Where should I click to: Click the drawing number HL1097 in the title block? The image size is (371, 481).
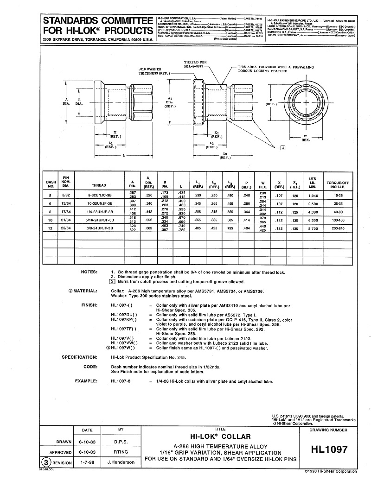coord(330,449)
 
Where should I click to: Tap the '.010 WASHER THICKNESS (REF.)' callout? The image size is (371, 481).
coord(154,71)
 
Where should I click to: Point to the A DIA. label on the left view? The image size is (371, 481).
coord(66,101)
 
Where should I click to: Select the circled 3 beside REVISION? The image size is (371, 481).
coord(46,462)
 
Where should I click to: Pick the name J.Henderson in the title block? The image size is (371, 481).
coord(121,462)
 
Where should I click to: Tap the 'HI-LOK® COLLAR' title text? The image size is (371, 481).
coord(220,437)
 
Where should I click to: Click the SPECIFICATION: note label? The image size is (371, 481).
coord(79,357)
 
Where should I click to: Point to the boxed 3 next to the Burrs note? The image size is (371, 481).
coord(111,281)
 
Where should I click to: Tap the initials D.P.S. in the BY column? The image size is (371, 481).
coord(121,442)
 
